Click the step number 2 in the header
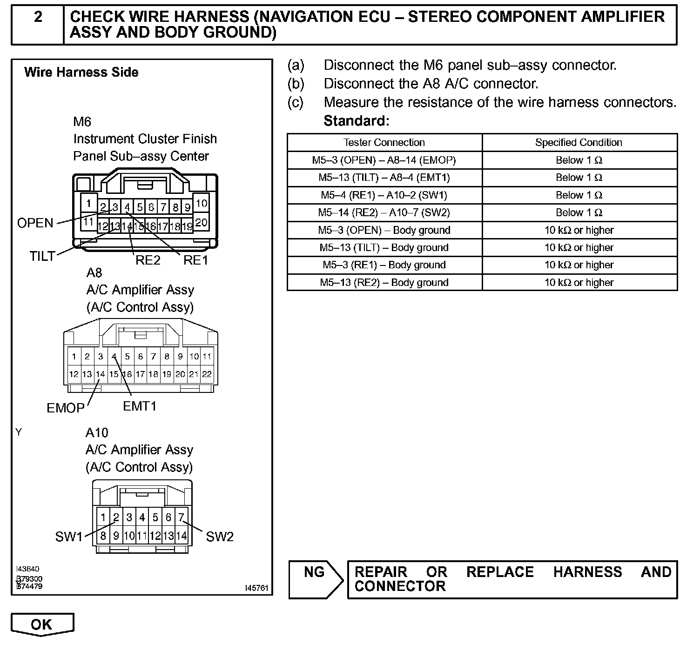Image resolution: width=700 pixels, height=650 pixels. click(38, 18)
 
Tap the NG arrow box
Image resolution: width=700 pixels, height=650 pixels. click(315, 578)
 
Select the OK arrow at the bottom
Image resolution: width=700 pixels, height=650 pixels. click(42, 624)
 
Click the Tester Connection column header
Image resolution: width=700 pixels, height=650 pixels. click(384, 143)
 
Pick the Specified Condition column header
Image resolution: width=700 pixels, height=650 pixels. click(579, 143)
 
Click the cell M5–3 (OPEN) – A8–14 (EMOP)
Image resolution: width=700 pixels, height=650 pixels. click(384, 160)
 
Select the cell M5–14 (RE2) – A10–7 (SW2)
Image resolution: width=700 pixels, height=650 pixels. click(384, 213)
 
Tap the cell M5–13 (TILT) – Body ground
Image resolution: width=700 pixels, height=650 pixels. click(384, 248)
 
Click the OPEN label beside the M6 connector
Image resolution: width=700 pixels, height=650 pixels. click(35, 223)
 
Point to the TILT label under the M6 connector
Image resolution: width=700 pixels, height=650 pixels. click(42, 256)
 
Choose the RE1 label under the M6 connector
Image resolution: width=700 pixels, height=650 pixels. click(195, 260)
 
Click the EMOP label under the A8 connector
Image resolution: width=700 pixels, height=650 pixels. click(66, 408)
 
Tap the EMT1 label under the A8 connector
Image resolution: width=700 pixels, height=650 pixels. click(140, 406)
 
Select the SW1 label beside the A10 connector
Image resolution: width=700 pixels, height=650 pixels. click(68, 537)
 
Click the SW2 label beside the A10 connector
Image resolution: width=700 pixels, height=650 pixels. click(219, 537)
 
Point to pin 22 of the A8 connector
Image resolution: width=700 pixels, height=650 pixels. click(207, 374)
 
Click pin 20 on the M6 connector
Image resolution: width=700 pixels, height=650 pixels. click(201, 222)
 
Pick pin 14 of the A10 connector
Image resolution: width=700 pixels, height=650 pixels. click(182, 536)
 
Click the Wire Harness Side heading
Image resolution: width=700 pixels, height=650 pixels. click(81, 73)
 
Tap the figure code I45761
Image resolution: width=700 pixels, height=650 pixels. click(257, 588)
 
